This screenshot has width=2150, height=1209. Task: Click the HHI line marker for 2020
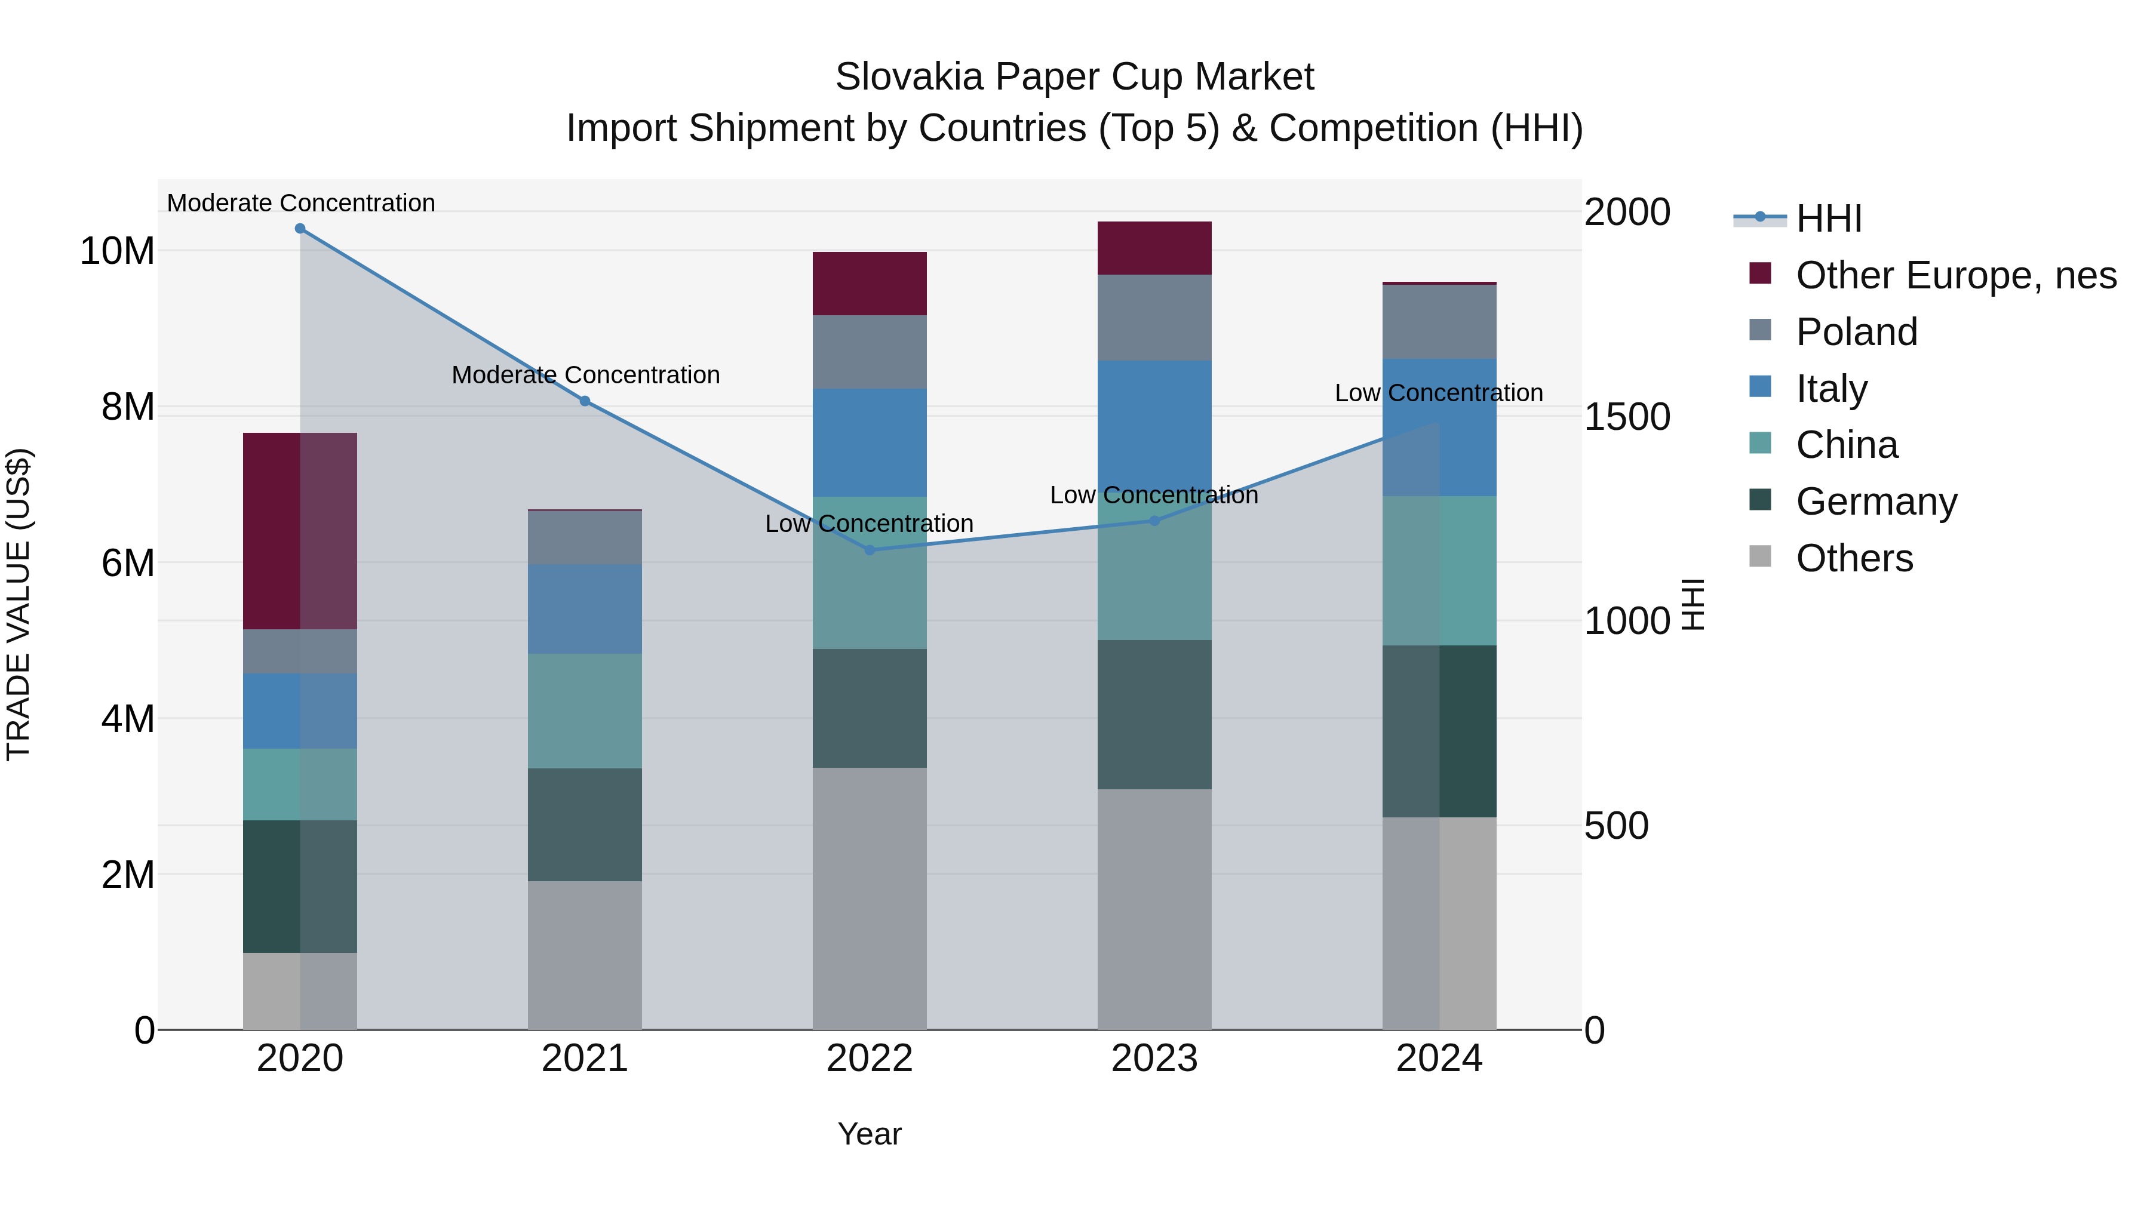pyautogui.click(x=300, y=229)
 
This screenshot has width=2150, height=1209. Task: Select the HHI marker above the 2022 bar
pyautogui.click(x=869, y=550)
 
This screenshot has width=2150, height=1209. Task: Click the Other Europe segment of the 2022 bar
pyautogui.click(x=869, y=284)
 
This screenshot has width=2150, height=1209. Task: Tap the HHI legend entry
pyautogui.click(x=1828, y=219)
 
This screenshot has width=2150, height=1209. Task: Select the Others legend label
pyautogui.click(x=1854, y=558)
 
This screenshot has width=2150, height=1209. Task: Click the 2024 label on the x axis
pyautogui.click(x=1438, y=1059)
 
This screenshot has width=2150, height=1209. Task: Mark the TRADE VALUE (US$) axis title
pyautogui.click(x=19, y=604)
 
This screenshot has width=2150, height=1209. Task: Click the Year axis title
pyautogui.click(x=869, y=1134)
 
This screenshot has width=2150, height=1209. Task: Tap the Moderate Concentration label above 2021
pyautogui.click(x=585, y=376)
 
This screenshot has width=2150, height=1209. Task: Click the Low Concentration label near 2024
pyautogui.click(x=1438, y=393)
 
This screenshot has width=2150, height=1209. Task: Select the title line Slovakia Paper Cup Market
pyautogui.click(x=1074, y=77)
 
